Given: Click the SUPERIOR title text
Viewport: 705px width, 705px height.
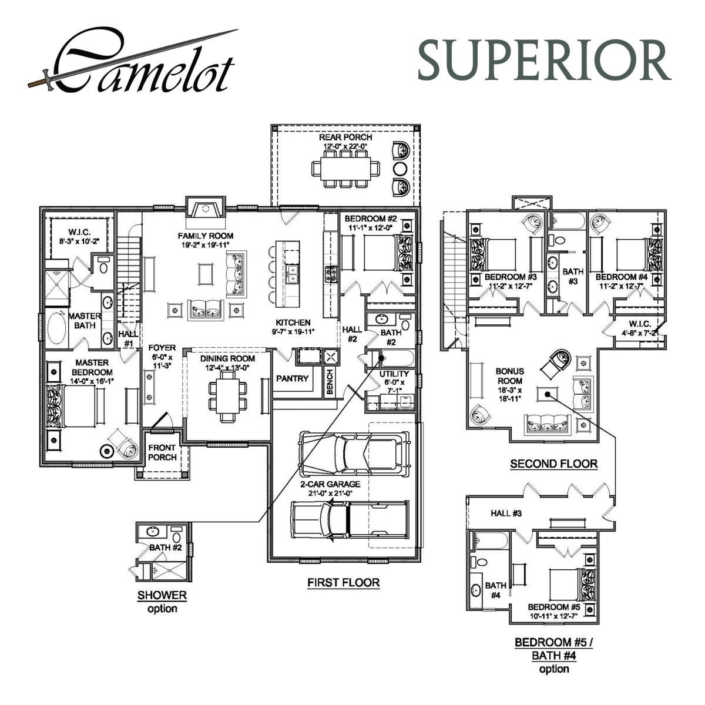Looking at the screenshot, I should [x=543, y=61].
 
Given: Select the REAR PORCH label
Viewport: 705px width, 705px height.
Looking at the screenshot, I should [x=345, y=137].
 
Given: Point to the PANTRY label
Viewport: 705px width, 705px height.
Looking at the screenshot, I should [x=292, y=379].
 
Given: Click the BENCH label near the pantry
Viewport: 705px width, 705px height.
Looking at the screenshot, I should [x=330, y=382].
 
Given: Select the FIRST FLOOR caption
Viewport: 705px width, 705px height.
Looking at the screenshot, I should [x=343, y=583].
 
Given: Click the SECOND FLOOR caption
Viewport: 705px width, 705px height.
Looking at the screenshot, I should [x=553, y=464].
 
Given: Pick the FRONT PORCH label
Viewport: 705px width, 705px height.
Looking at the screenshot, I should [x=162, y=452].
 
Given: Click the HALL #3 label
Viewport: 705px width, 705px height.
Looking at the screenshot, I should [x=506, y=513].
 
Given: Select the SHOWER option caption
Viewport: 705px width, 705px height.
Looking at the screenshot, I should [x=162, y=595].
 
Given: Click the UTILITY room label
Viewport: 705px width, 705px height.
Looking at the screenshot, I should [x=394, y=374].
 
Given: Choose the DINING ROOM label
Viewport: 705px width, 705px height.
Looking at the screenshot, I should [x=227, y=358].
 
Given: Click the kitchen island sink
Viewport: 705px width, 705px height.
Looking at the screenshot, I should [x=291, y=273].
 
